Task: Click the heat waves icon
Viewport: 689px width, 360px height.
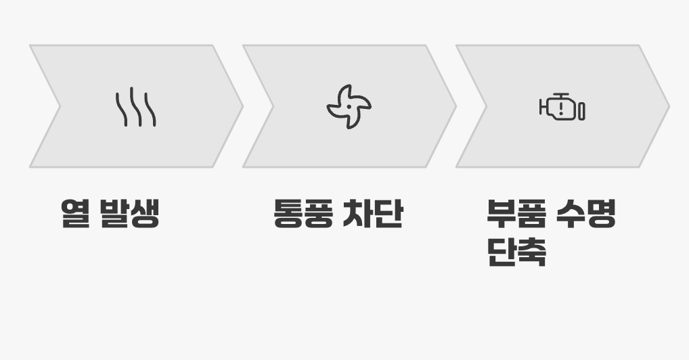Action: pyautogui.click(x=135, y=107)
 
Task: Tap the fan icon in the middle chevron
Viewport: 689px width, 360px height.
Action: pyautogui.click(x=349, y=107)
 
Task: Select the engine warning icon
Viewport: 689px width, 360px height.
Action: pyautogui.click(x=562, y=108)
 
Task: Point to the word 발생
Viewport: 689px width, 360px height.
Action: pyautogui.click(x=129, y=213)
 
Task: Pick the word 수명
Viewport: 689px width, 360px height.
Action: pyautogui.click(x=586, y=213)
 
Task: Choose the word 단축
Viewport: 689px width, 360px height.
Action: pyautogui.click(x=516, y=252)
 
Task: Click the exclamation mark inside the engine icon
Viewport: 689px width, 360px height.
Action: pyautogui.click(x=562, y=108)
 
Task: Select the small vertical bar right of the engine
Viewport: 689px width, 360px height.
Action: pyautogui.click(x=582, y=110)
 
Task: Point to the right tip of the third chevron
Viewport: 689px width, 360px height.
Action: pyautogui.click(x=668, y=106)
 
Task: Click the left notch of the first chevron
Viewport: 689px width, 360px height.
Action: pyautogui.click(x=59, y=106)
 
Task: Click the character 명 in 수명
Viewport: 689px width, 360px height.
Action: pyautogui.click(x=602, y=213)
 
